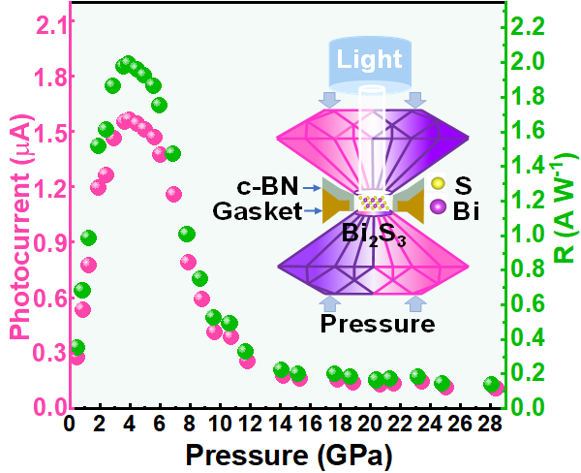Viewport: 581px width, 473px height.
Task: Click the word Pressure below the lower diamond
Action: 377,323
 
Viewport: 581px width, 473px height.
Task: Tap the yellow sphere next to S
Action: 438,184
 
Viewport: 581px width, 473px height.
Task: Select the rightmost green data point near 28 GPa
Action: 492,384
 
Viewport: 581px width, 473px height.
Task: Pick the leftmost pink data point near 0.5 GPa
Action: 76,357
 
